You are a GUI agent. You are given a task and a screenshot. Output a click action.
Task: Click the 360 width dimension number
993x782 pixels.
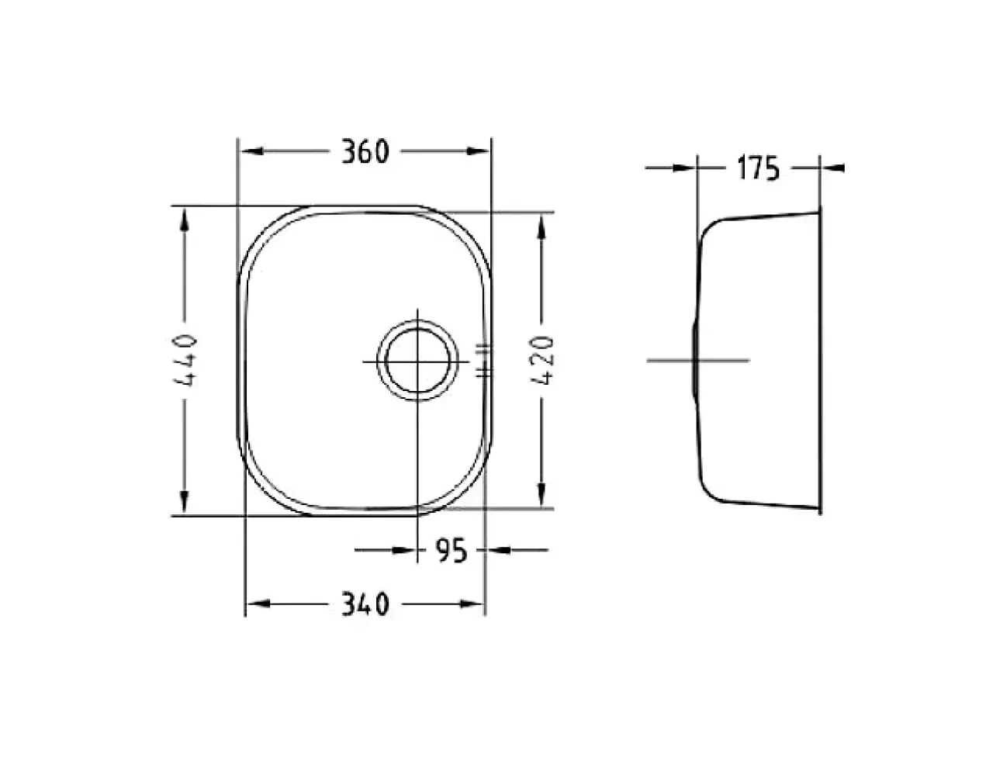pos(365,151)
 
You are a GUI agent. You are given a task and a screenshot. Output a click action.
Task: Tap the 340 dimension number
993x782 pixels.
pos(365,604)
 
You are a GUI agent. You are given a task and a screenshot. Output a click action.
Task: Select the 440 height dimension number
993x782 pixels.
pos(185,360)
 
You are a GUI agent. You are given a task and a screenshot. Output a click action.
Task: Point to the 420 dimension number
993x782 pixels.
pos(541,361)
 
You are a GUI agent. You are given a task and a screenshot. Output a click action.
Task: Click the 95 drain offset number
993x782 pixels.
pos(452,550)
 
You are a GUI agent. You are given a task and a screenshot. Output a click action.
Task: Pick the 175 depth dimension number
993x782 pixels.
pos(759,168)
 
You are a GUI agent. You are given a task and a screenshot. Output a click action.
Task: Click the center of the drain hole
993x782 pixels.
pos(417,361)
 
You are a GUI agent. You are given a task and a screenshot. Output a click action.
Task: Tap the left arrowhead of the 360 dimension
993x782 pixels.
pos(252,151)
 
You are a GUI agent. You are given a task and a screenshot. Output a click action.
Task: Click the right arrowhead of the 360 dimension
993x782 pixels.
pos(478,151)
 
